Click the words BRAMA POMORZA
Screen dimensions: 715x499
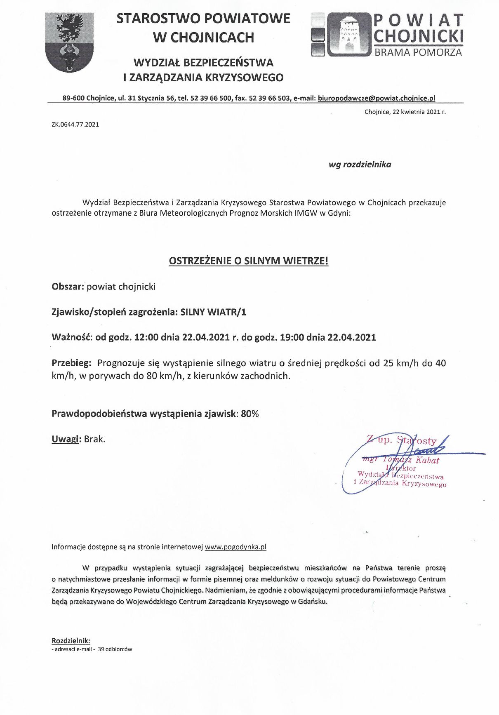418,52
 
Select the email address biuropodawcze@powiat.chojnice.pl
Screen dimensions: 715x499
377,98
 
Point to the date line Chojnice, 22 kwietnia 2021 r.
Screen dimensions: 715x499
405,112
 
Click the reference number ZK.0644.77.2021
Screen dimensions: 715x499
75,125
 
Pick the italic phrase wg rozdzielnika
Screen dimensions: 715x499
360,165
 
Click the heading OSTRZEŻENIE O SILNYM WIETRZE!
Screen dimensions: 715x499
249,261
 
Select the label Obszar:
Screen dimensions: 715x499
68,287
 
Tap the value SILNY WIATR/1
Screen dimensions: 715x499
213,312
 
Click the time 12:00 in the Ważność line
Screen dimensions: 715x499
146,337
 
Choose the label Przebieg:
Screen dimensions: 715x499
71,363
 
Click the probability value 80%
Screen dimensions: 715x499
250,414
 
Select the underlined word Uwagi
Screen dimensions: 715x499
65,439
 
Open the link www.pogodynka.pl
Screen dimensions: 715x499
235,547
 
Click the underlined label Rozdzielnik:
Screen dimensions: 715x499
71,641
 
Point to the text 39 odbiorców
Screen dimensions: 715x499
115,649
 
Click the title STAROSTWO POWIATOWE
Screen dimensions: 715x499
203,19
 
